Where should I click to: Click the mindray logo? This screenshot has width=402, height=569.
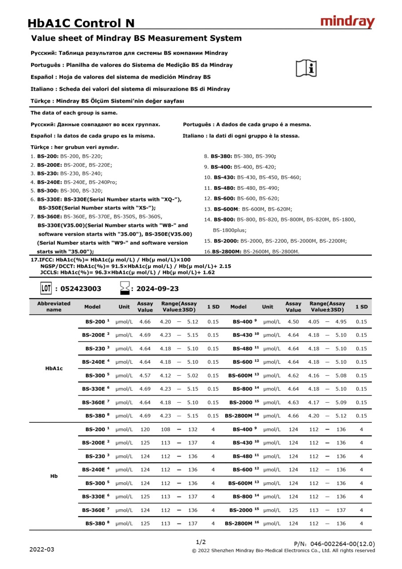347,22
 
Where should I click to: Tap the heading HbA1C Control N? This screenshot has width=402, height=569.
81,23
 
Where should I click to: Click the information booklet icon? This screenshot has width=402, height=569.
306,68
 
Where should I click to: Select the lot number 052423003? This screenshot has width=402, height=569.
80,289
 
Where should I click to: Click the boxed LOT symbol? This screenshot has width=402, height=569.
46,289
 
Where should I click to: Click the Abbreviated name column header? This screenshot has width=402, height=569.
54,307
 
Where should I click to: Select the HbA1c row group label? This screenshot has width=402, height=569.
54,369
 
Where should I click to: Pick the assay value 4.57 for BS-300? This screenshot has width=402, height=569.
145,376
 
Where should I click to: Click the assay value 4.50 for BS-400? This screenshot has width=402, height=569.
293,322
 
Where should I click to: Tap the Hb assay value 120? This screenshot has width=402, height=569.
145,430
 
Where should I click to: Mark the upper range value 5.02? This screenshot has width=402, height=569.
192,376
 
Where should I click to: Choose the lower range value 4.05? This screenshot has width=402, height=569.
314,322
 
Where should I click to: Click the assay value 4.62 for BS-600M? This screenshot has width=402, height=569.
293,376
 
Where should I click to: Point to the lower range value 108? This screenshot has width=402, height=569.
165,430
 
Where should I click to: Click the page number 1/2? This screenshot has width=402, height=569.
201,542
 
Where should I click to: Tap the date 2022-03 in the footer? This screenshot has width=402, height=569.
42,549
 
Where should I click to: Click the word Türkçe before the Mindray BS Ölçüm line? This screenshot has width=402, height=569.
42,101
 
